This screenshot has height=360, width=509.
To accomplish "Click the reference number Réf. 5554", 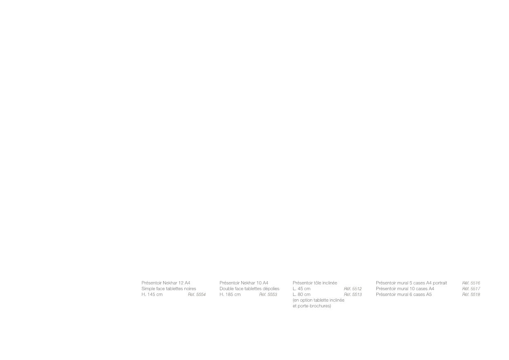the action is pyautogui.click(x=197, y=295).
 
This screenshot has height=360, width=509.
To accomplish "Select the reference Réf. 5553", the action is pyautogui.click(x=268, y=295).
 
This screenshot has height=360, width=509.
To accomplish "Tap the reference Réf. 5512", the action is pyautogui.click(x=353, y=289).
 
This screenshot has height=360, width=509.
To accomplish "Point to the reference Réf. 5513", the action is pyautogui.click(x=353, y=295).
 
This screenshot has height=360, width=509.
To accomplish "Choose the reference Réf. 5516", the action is pyautogui.click(x=471, y=283).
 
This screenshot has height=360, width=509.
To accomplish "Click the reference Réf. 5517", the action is pyautogui.click(x=471, y=289).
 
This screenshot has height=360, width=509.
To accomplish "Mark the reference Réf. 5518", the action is pyautogui.click(x=471, y=295).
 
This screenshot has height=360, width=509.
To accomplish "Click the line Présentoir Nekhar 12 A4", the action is pyautogui.click(x=166, y=283).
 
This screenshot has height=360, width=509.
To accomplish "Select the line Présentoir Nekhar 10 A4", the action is pyautogui.click(x=244, y=283).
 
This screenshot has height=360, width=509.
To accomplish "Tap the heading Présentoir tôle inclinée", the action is pyautogui.click(x=315, y=283).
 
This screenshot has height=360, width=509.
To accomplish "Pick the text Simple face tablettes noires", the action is pyautogui.click(x=169, y=289).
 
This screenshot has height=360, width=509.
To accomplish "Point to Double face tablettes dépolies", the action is pyautogui.click(x=249, y=289).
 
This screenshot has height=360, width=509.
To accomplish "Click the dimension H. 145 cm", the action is pyautogui.click(x=152, y=295).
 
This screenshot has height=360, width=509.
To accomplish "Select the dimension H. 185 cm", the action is pyautogui.click(x=230, y=295).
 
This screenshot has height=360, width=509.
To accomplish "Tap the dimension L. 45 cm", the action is pyautogui.click(x=302, y=289).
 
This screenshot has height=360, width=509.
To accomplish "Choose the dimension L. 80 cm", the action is pyautogui.click(x=302, y=295).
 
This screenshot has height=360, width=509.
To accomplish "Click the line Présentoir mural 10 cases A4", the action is pyautogui.click(x=405, y=289).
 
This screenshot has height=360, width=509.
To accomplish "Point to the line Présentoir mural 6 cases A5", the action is pyautogui.click(x=404, y=295).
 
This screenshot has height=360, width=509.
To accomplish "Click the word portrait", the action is pyautogui.click(x=440, y=283).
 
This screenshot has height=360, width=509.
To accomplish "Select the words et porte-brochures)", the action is pyautogui.click(x=312, y=306).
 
